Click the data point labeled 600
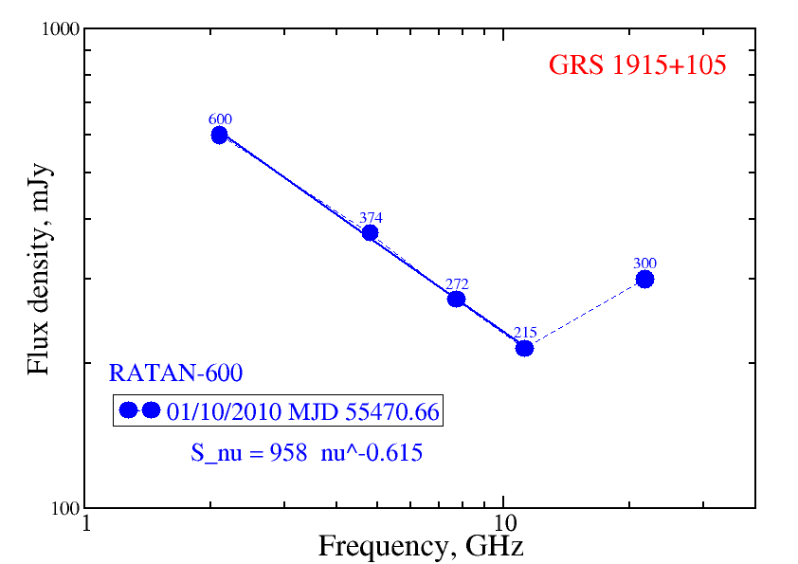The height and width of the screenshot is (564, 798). click(219, 135)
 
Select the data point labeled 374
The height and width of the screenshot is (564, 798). click(370, 232)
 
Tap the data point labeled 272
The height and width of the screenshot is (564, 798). click(456, 299)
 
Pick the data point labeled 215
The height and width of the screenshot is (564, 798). click(524, 348)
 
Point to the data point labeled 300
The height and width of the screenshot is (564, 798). click(644, 279)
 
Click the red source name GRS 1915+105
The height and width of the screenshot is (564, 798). click(637, 66)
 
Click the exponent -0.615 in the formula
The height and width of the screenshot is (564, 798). click(391, 453)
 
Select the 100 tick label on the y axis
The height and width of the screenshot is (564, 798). click(62, 509)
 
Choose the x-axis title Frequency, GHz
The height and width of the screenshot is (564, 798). click(420, 547)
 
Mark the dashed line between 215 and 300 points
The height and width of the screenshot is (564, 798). click(585, 314)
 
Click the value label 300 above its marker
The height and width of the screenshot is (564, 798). click(645, 264)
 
